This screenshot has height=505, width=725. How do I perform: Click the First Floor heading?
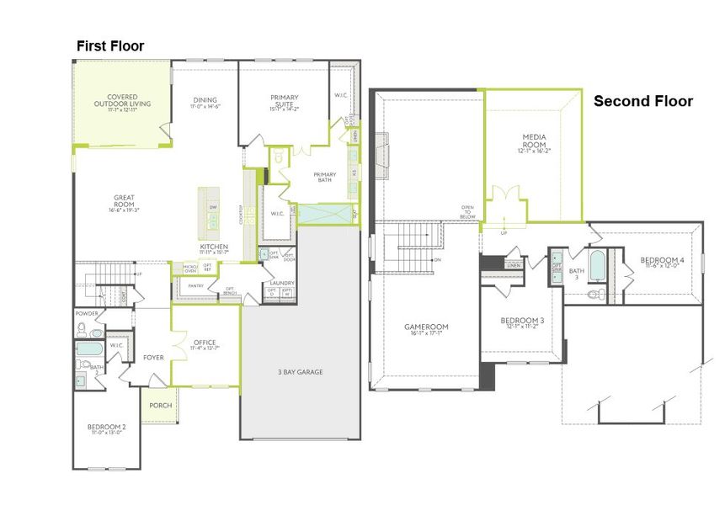coord(110,46)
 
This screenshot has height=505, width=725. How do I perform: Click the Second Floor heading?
coord(643,101)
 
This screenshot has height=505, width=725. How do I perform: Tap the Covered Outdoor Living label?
coord(123,101)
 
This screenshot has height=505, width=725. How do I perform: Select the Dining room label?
coord(205,102)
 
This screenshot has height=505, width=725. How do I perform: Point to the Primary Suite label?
coord(285,102)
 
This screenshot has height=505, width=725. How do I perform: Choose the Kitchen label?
coord(214,247)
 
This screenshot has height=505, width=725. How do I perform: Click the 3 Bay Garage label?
coord(300,372)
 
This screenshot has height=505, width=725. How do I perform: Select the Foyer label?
coord(153,358)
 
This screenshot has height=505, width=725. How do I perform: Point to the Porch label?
coord(160,406)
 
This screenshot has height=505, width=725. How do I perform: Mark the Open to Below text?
coord(467,210)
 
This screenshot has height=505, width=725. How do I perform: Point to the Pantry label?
coord(195,286)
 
